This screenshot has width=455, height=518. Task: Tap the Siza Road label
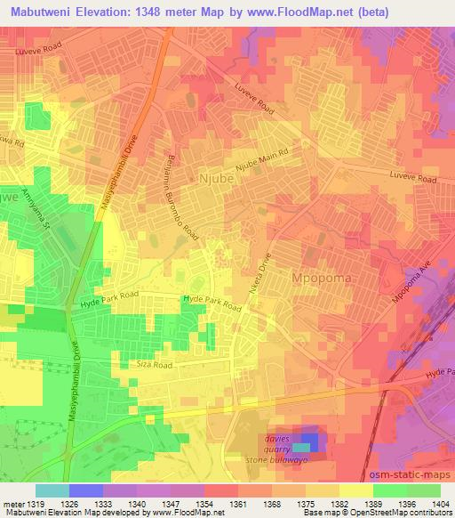[175, 364]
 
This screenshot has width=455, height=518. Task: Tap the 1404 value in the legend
[440, 503]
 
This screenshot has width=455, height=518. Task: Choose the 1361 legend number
[236, 503]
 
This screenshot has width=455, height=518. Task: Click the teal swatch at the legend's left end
[52, 490]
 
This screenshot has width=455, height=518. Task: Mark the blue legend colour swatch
[86, 490]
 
